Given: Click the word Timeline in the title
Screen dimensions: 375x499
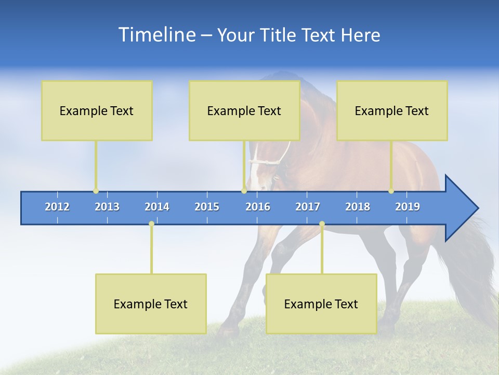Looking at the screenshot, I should point(156,35).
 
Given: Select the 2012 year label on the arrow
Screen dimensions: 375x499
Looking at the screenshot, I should point(57,207).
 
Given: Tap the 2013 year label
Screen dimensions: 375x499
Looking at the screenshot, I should point(107,207).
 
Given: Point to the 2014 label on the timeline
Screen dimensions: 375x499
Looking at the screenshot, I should point(157,207).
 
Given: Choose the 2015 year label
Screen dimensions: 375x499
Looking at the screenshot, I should point(207,207).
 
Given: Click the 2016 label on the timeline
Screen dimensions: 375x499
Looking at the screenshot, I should point(258,207).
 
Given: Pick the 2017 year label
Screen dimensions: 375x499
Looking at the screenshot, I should point(308,207).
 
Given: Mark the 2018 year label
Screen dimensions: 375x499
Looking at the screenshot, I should point(358,207).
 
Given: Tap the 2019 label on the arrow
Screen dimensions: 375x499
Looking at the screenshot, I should point(408,207).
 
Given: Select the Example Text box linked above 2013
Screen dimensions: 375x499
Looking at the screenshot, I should point(97,111).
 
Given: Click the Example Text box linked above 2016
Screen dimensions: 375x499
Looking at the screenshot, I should point(244,111).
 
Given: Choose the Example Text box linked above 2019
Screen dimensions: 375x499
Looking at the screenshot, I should point(392,111).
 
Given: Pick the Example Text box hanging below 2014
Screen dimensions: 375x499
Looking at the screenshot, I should point(151,304).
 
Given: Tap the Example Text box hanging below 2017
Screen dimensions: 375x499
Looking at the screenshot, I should point(321,304).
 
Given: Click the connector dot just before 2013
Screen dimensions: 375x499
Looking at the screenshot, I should point(96,191).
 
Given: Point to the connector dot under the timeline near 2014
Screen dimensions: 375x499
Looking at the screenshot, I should point(151,224).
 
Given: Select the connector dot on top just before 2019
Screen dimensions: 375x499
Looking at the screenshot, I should point(391,191).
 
